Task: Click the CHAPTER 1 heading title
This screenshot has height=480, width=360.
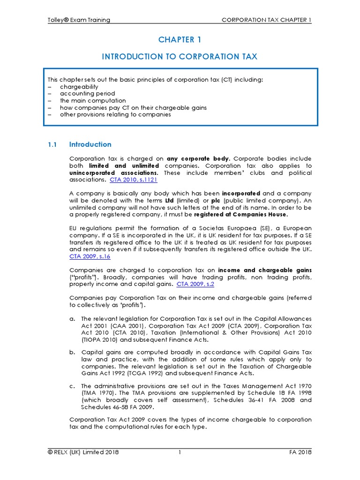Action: (x=180, y=39)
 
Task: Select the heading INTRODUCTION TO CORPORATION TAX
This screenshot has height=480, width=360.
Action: (x=180, y=57)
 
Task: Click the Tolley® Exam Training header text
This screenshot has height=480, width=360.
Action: (x=79, y=20)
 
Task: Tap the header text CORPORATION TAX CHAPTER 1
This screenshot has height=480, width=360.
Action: (x=266, y=20)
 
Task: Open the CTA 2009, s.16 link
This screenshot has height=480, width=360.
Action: (x=90, y=256)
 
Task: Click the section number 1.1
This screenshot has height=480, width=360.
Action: (x=52, y=144)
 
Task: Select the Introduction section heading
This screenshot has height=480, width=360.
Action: (x=90, y=144)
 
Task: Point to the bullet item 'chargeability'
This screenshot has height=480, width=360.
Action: (x=79, y=87)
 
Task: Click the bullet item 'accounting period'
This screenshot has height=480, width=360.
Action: (x=87, y=94)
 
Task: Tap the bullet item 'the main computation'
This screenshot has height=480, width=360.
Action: (x=93, y=100)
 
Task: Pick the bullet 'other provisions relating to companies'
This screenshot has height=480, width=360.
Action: (x=115, y=114)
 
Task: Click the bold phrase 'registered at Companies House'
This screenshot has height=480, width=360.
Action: (x=240, y=214)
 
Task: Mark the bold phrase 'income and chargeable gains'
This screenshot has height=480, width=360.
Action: (x=265, y=270)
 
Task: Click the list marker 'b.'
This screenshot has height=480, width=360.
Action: (x=72, y=352)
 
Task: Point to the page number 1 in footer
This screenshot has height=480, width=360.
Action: (x=180, y=452)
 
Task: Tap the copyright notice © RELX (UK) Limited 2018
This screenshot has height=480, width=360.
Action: (x=83, y=452)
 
